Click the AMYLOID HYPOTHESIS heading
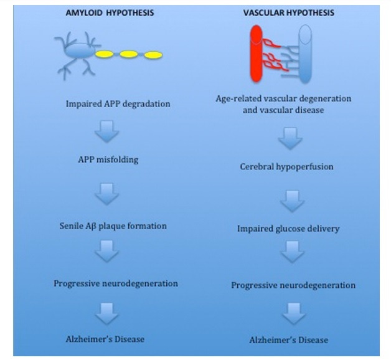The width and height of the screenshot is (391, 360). point(110,12)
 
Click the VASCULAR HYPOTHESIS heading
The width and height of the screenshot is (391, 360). point(289,12)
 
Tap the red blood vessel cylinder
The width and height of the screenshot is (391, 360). point(257,54)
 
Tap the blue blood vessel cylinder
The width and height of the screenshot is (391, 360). point(305,54)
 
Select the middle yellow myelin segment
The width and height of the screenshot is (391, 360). point(129,54)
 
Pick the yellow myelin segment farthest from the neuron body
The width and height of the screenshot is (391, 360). point(153,55)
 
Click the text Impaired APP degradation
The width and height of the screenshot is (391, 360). point(118,104)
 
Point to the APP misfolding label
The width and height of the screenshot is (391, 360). point(108,159)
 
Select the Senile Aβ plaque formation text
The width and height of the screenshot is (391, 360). point(113,226)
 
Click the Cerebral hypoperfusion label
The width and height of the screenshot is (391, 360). point(286,167)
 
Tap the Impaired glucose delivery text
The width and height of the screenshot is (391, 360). point(288,229)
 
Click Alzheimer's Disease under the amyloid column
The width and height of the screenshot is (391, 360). point(105,339)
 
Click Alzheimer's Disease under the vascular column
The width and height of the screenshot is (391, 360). point(288,340)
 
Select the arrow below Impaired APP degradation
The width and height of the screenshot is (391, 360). point(107,131)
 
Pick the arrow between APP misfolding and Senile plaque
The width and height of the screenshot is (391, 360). point(107,194)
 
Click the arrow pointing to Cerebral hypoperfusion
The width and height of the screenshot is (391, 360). point(290,138)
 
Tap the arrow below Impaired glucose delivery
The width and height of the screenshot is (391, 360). point(292,252)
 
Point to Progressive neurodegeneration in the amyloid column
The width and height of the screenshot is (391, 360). point(116,283)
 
